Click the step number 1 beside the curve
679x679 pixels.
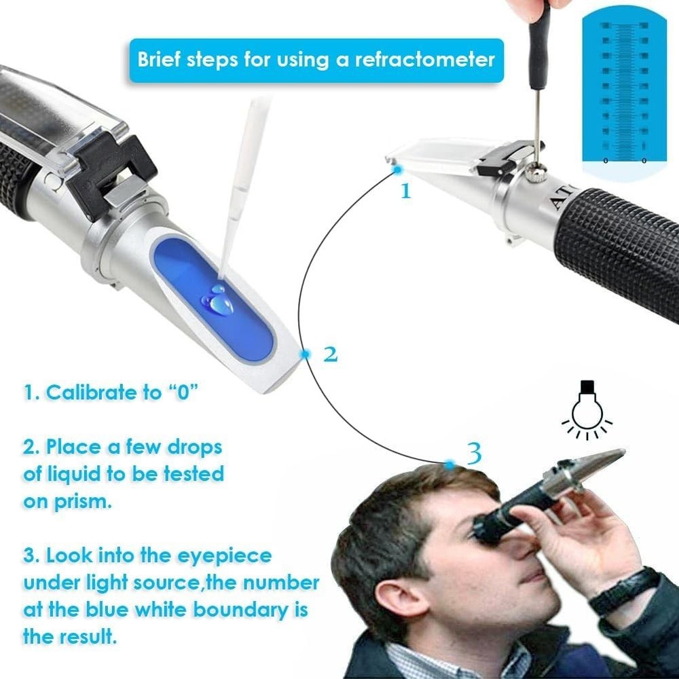tap(406, 191)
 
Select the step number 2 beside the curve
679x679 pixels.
tap(330, 354)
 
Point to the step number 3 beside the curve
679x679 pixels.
tap(475, 453)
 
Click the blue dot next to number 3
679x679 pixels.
tap(449, 464)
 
